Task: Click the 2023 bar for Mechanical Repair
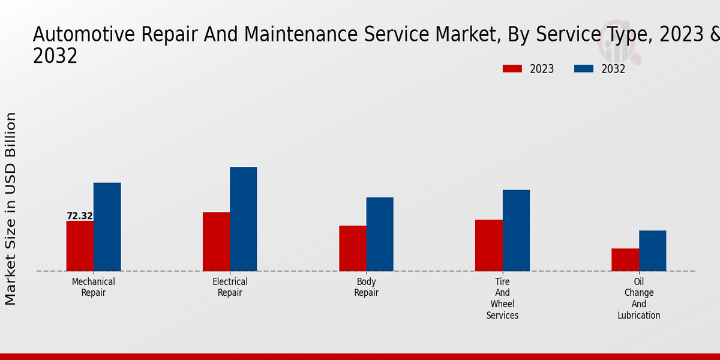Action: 80,246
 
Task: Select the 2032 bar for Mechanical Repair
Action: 107,227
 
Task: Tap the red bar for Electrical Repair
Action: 216,242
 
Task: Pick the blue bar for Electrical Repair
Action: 243,219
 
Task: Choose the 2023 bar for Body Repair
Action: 352,248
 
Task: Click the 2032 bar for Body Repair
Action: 380,234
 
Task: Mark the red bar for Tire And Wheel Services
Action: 488,245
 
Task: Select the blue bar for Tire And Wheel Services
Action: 516,230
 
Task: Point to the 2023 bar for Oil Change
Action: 625,260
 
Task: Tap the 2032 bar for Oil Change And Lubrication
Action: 652,251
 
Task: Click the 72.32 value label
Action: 80,216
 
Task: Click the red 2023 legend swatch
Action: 512,69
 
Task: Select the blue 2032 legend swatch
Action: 583,69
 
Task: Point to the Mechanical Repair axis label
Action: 93,287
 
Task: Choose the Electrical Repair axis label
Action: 230,287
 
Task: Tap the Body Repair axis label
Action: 366,287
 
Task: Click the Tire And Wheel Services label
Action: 502,298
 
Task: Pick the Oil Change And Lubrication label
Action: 639,298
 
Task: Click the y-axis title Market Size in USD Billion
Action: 11,208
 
